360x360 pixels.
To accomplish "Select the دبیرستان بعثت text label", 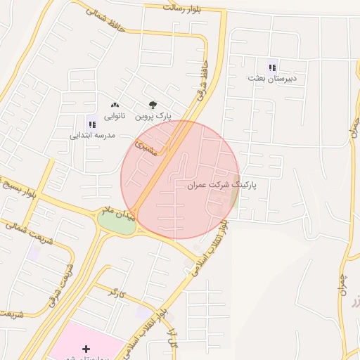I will tap(272, 79).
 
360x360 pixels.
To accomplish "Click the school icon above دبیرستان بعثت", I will tap(272, 67).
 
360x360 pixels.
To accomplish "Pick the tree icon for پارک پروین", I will tap(153, 104).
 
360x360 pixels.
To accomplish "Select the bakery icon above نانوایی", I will tap(115, 104).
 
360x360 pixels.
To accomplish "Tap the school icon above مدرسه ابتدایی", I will tap(92, 124).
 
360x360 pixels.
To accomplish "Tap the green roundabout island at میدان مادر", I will tap(115, 222).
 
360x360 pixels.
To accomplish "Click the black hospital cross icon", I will tap(86, 349).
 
